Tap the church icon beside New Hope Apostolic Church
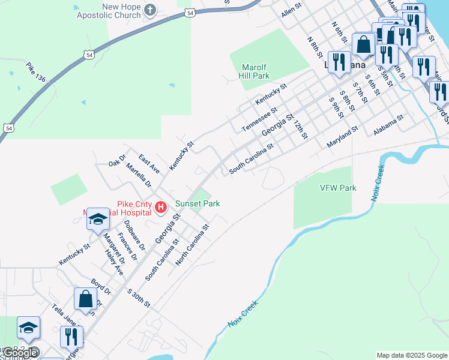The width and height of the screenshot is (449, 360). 150,10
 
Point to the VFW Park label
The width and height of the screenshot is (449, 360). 337,188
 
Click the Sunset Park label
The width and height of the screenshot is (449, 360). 197,203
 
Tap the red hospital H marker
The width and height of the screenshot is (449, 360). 161,208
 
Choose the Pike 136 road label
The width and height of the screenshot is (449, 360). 36,74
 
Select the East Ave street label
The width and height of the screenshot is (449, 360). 148,163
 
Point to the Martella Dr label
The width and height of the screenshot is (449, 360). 139,175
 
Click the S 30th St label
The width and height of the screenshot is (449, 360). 139,298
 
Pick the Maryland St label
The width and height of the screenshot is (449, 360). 342,137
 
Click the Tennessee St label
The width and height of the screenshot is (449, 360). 259,120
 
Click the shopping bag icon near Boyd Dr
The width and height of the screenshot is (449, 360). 85,298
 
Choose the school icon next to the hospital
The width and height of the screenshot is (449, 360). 97,220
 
